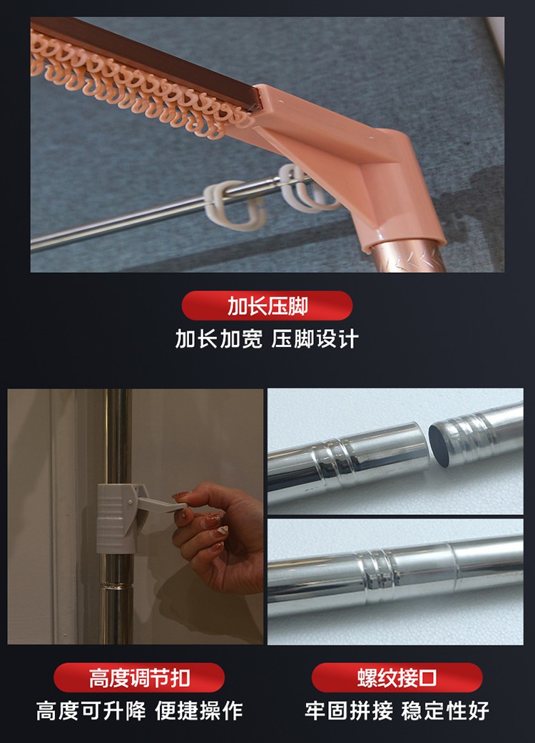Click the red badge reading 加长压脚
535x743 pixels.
click(x=267, y=306)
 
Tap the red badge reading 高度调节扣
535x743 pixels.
click(x=139, y=677)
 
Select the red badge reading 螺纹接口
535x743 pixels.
click(x=397, y=677)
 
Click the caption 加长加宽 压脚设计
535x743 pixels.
click(x=267, y=339)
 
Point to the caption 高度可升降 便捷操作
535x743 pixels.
click(x=139, y=711)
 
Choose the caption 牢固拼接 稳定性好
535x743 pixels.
click(x=397, y=711)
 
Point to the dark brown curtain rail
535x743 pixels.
click(x=147, y=59)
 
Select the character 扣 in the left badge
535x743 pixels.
click(x=180, y=677)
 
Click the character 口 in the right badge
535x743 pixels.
click(x=427, y=677)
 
